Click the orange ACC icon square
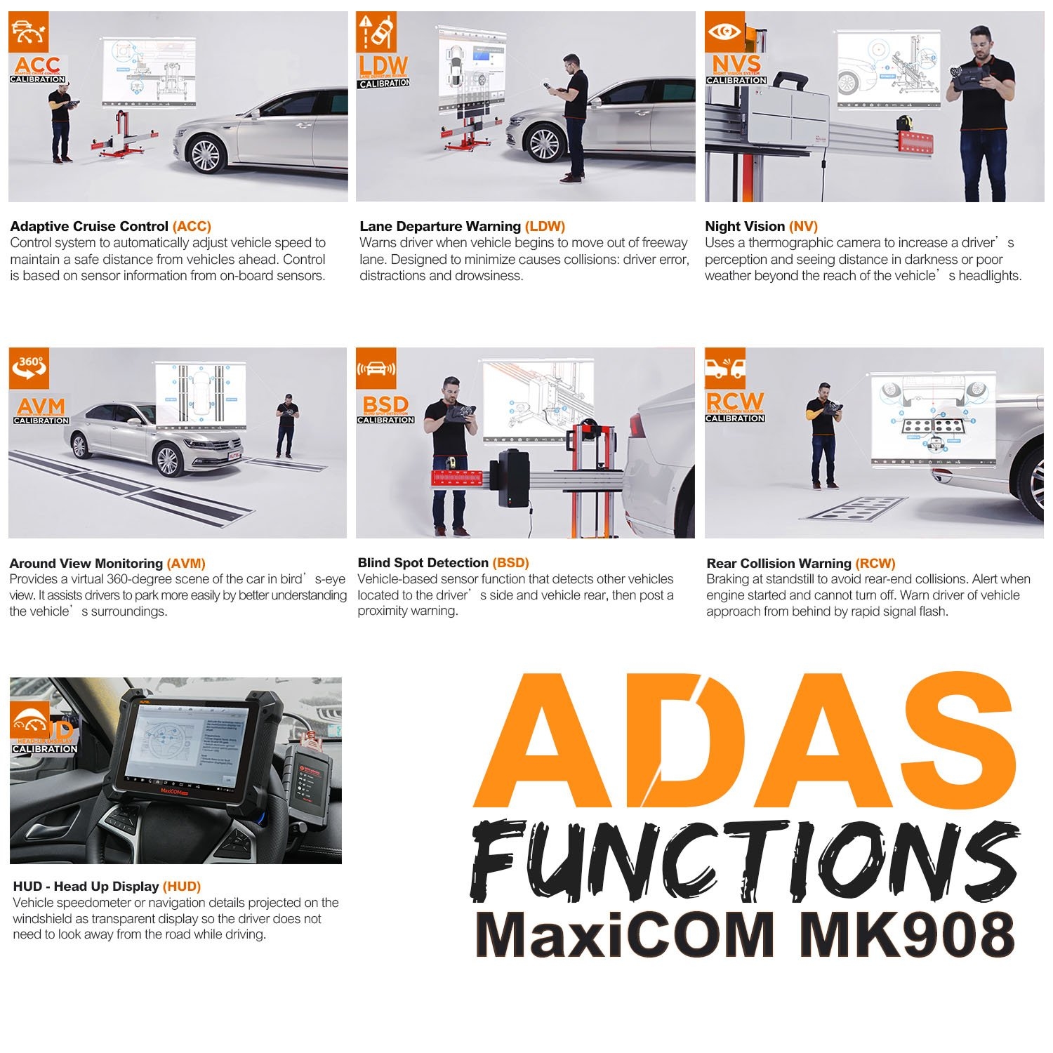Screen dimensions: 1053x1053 point(29,32)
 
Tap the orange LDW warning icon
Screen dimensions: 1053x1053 point(376,32)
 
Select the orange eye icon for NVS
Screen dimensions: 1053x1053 point(725,32)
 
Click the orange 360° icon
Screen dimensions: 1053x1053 point(29,368)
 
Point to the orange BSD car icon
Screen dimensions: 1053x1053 point(376,368)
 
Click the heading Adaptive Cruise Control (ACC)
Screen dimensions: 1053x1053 point(110,227)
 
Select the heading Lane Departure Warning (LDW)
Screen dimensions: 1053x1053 point(462,227)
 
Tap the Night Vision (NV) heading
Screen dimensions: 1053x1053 point(761,227)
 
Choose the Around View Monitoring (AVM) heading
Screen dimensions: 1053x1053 point(107,563)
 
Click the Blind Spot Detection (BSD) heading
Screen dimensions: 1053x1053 point(443,562)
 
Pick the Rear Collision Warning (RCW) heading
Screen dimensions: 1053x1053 point(801,563)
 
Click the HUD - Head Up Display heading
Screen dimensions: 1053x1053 point(107,887)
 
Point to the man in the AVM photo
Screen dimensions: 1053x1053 point(286,425)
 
